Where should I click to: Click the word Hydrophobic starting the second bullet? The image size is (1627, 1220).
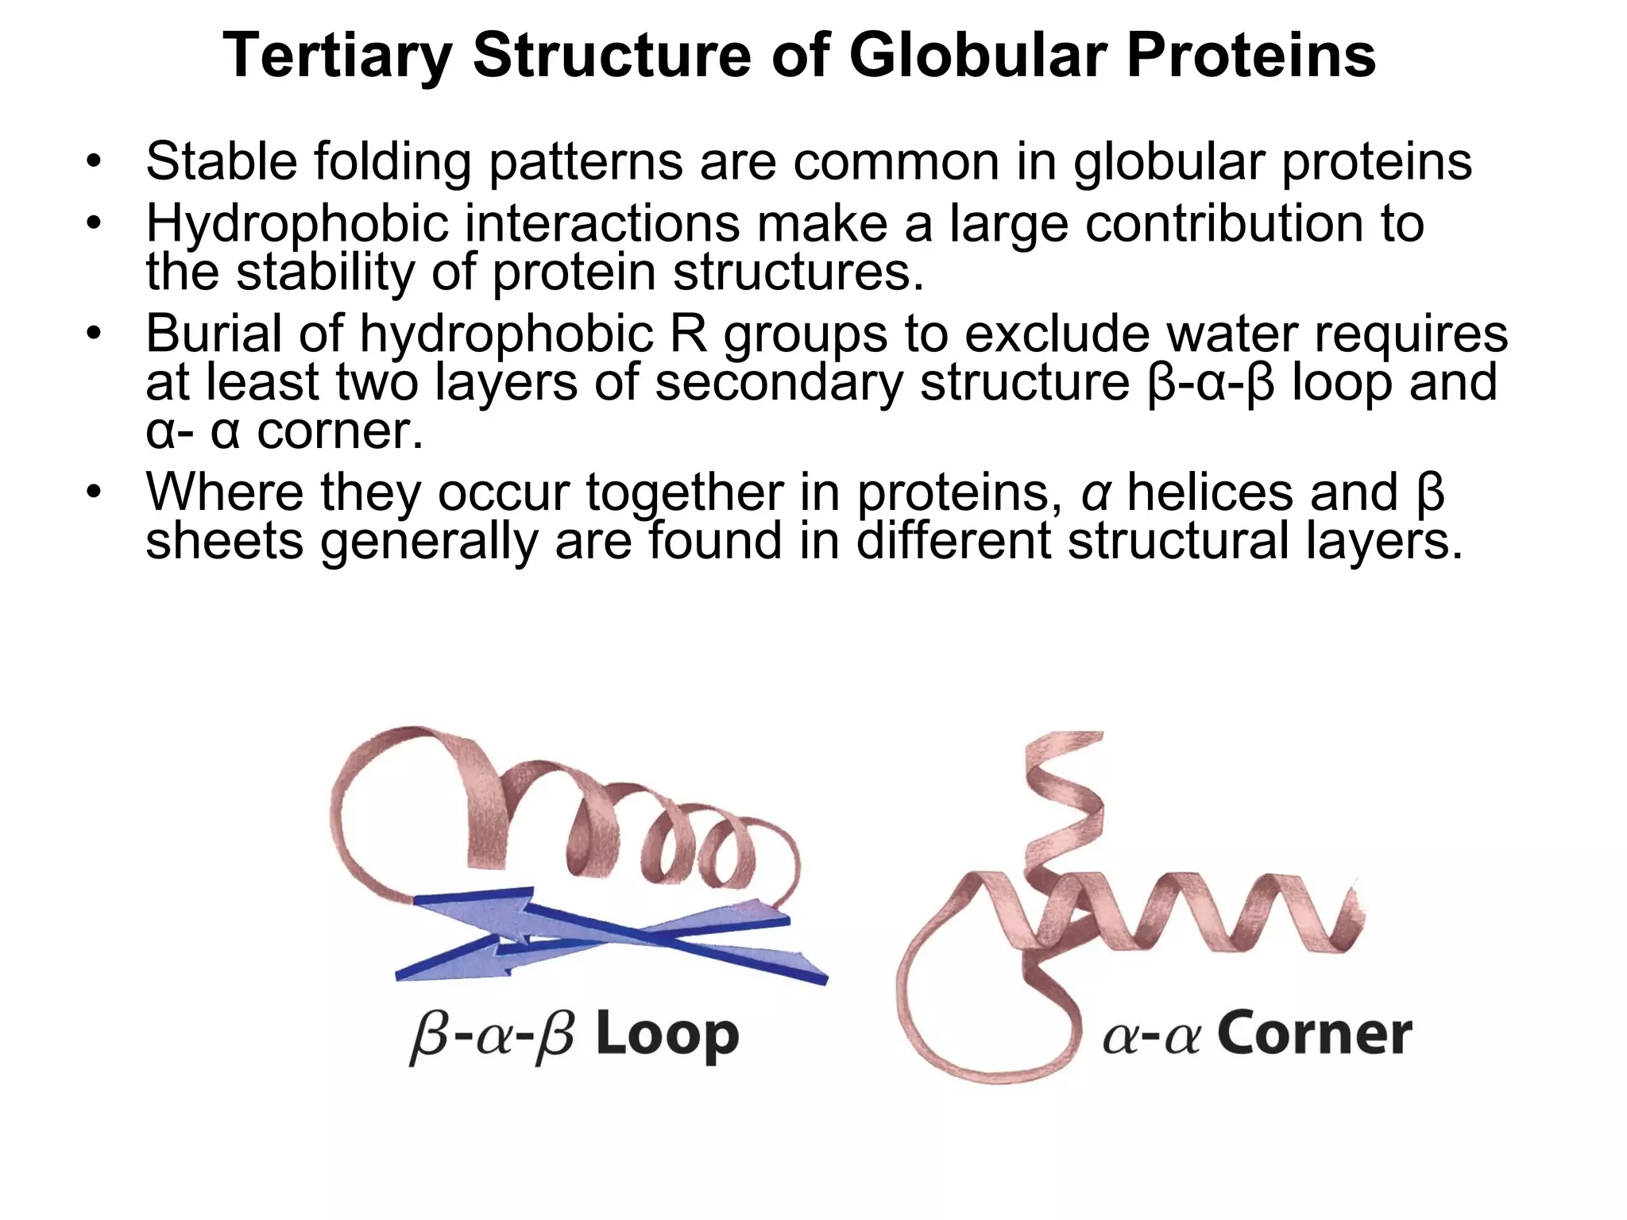[x=297, y=225]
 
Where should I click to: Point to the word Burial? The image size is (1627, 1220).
[x=213, y=333]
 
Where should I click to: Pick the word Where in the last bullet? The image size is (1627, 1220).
[x=225, y=492]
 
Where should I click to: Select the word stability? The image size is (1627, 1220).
[x=325, y=272]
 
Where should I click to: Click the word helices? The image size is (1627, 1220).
[x=1211, y=492]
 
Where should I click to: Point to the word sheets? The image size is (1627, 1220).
[x=224, y=541]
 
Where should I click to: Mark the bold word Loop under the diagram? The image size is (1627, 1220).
[x=667, y=1036]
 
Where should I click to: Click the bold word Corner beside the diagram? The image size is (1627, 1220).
[x=1315, y=1034]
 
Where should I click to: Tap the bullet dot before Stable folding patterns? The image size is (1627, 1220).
[x=95, y=163]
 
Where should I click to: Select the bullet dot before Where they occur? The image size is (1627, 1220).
[x=95, y=492]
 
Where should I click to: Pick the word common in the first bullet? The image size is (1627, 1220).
[x=895, y=161]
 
